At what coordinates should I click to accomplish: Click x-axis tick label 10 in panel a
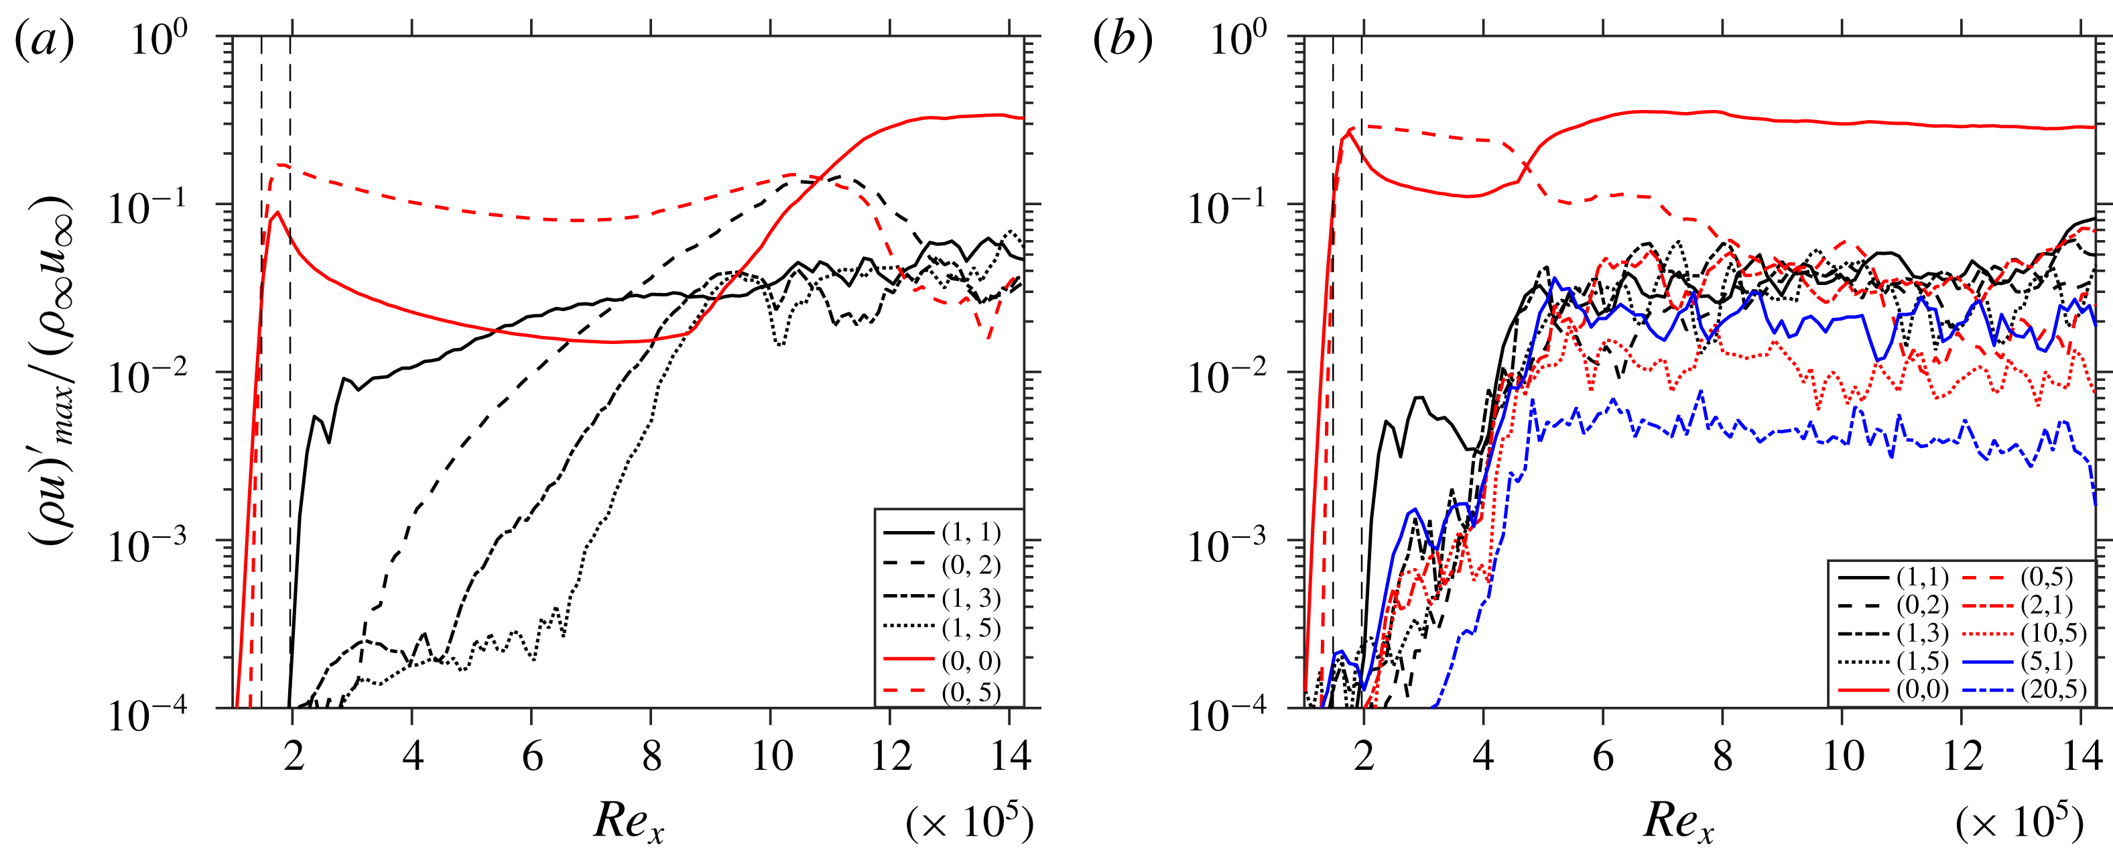point(772,756)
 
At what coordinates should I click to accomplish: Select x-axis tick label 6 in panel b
point(1604,756)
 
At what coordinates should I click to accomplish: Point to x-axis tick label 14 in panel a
point(1011,756)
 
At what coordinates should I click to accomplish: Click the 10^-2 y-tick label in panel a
point(147,374)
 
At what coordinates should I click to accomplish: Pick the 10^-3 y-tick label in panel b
point(1227,542)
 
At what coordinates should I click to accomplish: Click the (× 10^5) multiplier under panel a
point(970,821)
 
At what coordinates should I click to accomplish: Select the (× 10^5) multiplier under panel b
point(2019,821)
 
